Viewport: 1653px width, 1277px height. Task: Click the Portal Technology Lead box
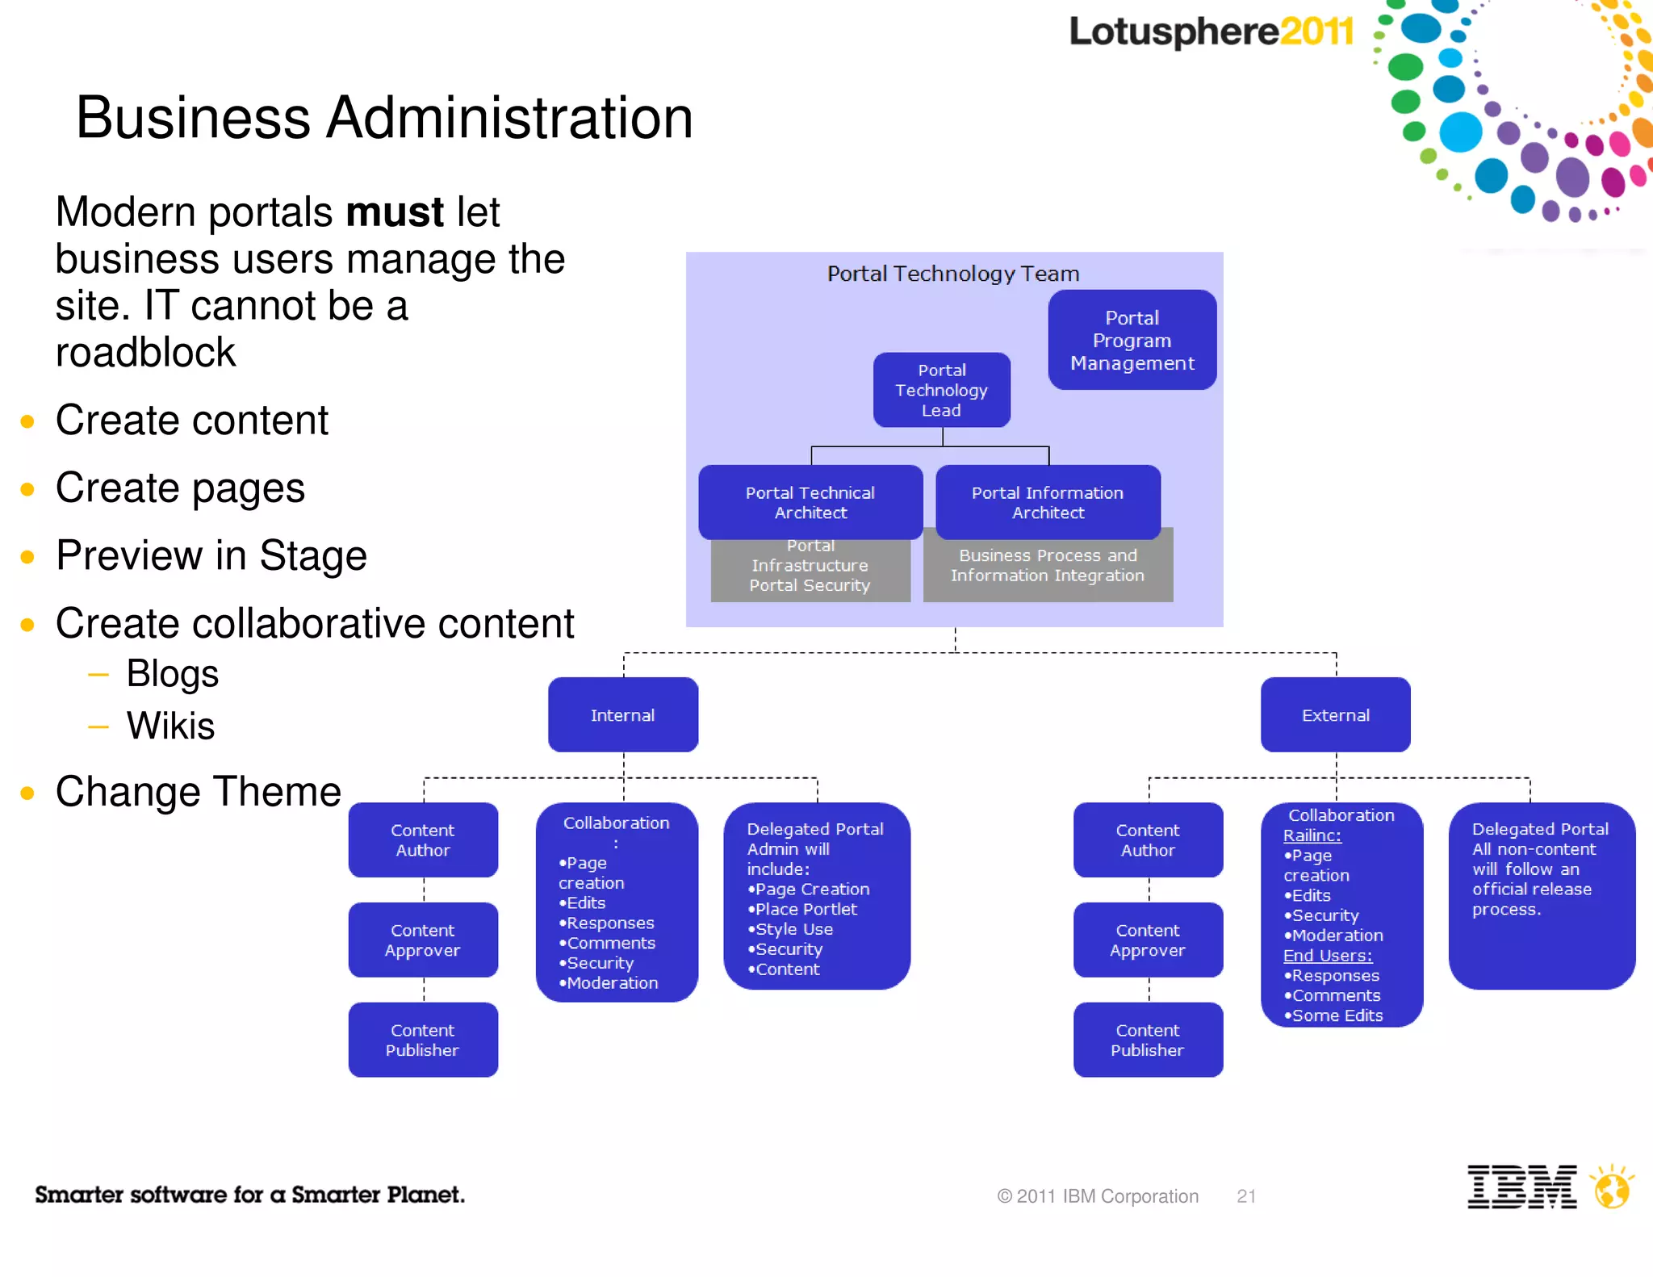(x=941, y=390)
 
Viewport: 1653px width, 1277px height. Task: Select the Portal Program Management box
(x=1132, y=340)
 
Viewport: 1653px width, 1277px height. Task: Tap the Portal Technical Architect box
(x=810, y=502)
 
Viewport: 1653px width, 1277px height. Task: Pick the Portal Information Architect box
(x=1048, y=502)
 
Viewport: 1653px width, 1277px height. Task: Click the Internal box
(x=622, y=715)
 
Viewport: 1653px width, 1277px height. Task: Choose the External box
(x=1335, y=715)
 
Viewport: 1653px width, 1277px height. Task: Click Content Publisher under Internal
(x=423, y=1040)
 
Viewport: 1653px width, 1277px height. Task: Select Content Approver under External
(x=1148, y=940)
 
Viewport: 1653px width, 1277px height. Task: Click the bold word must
(x=394, y=212)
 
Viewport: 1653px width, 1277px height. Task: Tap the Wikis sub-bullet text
(x=170, y=726)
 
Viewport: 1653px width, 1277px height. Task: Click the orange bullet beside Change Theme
(x=27, y=793)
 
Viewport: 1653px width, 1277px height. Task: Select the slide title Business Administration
(x=384, y=118)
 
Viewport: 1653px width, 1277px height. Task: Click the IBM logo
(x=1521, y=1187)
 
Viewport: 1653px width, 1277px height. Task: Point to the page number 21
(x=1246, y=1196)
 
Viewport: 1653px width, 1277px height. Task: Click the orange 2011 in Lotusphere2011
(x=1316, y=32)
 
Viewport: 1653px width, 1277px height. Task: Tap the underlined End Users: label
(x=1327, y=956)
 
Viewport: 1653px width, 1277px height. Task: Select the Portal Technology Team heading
(x=952, y=274)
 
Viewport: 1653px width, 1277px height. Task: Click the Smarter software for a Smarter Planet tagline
(x=249, y=1195)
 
